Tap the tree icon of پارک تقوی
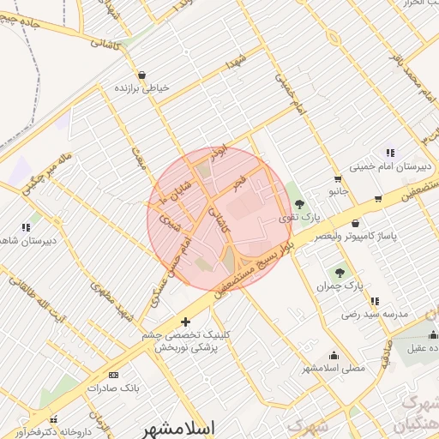tap(299, 204)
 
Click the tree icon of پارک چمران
tap(340, 272)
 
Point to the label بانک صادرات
tap(113, 388)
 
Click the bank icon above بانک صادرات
tap(114, 375)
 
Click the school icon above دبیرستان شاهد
tap(26, 227)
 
